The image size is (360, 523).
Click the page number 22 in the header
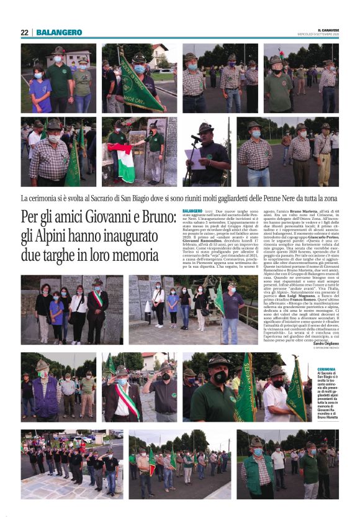click(25, 32)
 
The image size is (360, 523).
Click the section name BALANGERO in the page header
click(59, 32)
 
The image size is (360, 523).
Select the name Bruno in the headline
click(155, 218)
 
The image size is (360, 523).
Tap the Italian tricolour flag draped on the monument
click(125, 161)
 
